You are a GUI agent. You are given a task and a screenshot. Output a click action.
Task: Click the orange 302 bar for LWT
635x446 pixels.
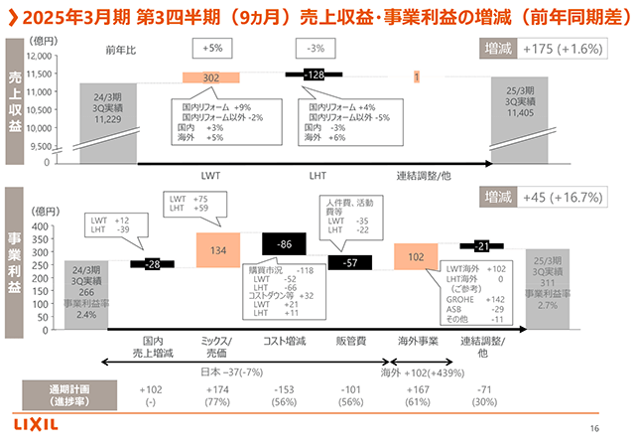pyautogui.click(x=211, y=77)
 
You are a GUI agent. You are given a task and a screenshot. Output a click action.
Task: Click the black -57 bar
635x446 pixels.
pyautogui.click(x=350, y=262)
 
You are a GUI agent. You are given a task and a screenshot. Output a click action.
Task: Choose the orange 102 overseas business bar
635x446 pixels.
pyautogui.click(x=417, y=255)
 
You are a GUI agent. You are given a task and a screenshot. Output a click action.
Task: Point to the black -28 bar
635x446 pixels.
pyautogui.click(x=153, y=263)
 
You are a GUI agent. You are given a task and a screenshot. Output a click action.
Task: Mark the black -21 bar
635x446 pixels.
pyautogui.click(x=481, y=245)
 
